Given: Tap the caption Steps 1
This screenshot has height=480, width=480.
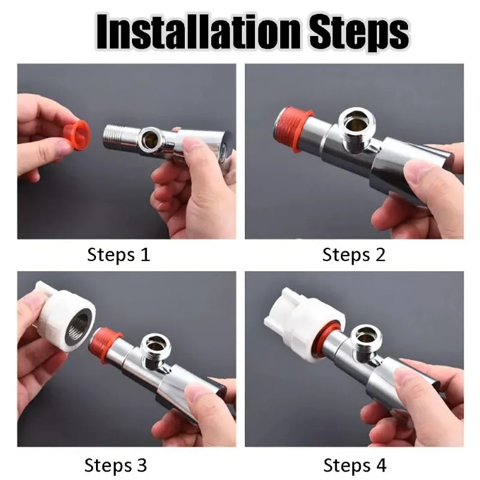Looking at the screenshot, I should click(x=118, y=255).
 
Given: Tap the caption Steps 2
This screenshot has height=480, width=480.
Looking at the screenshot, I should click(x=353, y=255).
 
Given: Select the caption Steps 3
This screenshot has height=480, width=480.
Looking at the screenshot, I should click(x=115, y=465).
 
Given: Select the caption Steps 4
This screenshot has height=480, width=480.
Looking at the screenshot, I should click(x=355, y=465).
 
